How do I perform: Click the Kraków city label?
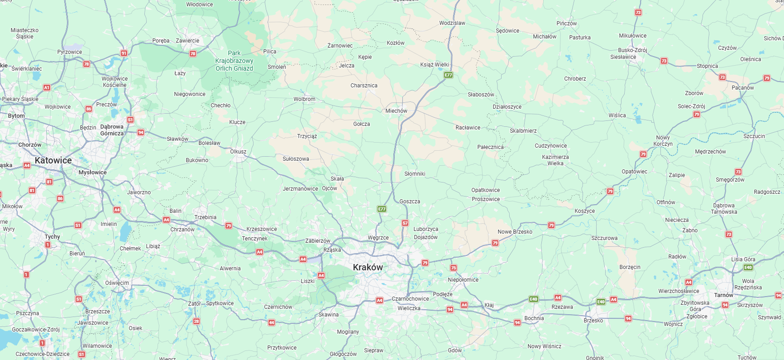(368, 267)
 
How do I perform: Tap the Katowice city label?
(53, 161)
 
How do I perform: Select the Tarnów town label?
(723, 295)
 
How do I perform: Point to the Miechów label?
(396, 111)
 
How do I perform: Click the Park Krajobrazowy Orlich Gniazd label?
(234, 61)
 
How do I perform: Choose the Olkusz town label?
(238, 152)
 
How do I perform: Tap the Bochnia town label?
(534, 318)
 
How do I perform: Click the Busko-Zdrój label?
(632, 50)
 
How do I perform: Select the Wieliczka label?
(409, 308)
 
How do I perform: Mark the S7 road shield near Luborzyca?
(405, 223)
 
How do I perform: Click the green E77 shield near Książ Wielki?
(448, 75)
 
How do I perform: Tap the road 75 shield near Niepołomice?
(454, 268)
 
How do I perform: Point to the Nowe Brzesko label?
(515, 232)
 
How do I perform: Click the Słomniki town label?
(415, 174)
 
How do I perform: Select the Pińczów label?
(566, 24)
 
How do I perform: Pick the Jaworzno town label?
(139, 192)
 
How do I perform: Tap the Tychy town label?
(52, 237)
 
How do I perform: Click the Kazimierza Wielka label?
(555, 160)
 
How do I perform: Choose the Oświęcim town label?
(117, 283)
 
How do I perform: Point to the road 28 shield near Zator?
(196, 322)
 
